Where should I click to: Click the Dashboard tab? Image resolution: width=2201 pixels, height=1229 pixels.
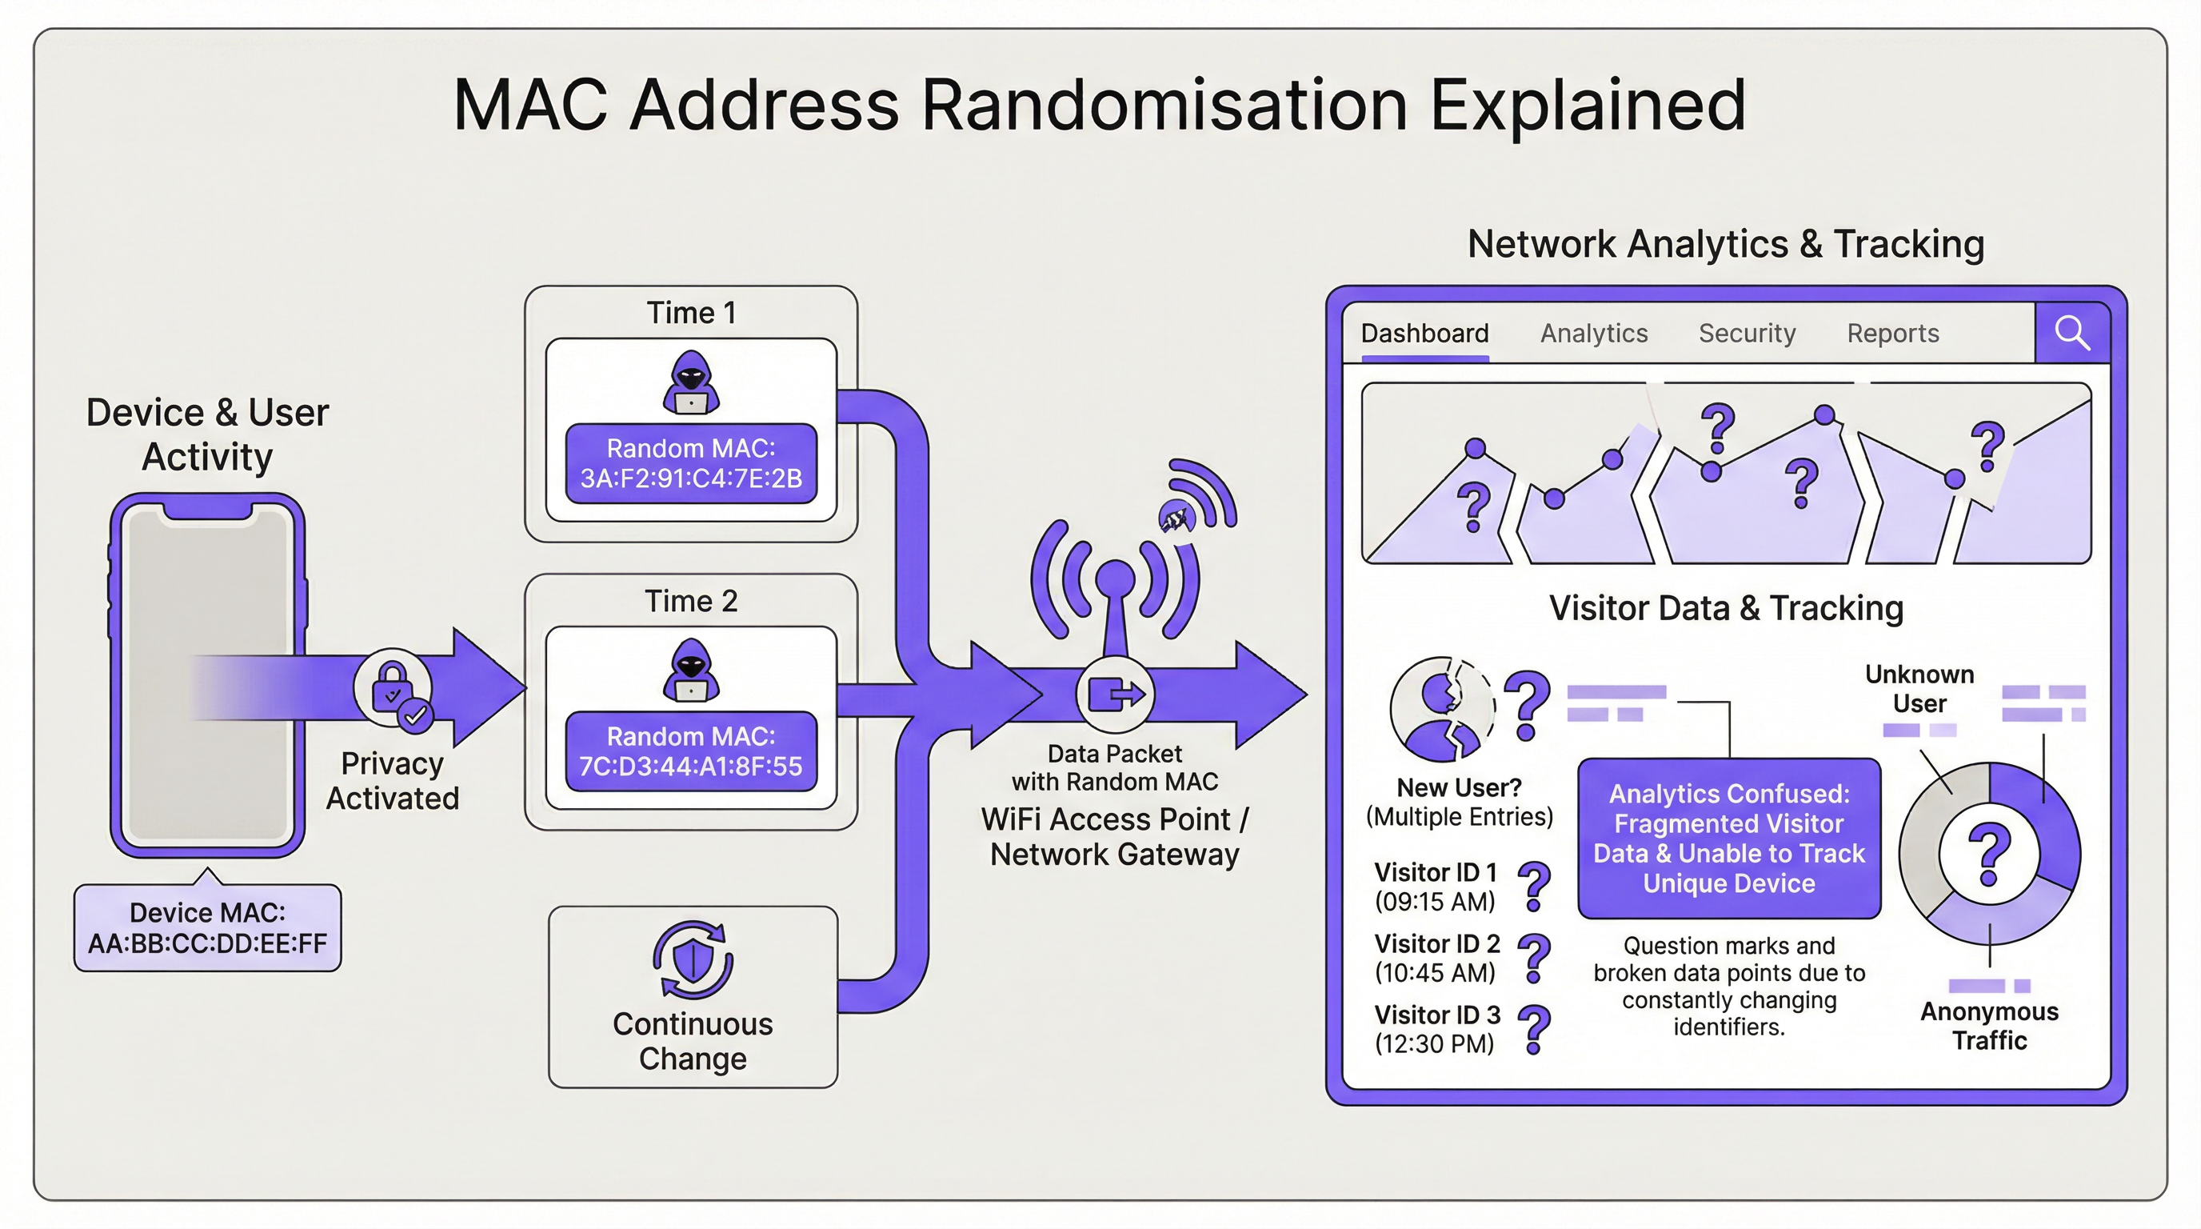click(1424, 334)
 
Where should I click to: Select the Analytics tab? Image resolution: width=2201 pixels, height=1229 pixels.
click(1593, 334)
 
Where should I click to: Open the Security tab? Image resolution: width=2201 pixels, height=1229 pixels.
click(1747, 334)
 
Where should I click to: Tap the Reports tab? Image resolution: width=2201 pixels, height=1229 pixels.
click(1892, 334)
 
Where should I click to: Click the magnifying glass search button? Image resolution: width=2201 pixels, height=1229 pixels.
click(2072, 333)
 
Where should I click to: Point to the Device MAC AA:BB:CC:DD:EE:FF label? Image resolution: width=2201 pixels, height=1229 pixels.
click(208, 927)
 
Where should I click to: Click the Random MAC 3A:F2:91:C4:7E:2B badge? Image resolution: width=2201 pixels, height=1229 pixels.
click(690, 463)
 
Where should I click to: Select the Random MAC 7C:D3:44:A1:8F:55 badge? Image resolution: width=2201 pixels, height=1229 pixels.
click(690, 751)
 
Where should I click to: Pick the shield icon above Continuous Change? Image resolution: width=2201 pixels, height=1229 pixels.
click(692, 959)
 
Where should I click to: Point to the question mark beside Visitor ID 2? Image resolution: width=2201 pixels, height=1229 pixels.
click(1535, 957)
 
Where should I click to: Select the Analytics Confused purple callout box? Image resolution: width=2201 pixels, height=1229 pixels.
click(1728, 838)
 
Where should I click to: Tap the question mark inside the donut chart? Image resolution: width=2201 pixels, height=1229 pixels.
click(1989, 853)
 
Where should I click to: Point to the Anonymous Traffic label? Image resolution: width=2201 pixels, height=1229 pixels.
click(1989, 1026)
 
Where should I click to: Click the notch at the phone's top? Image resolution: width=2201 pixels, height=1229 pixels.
click(208, 510)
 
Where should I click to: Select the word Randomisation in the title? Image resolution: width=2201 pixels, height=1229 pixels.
click(1164, 105)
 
